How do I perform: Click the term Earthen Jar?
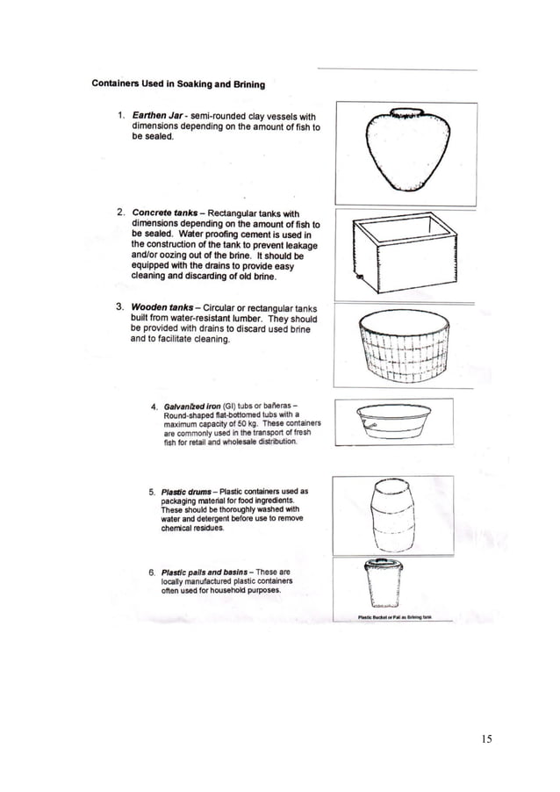pos(157,116)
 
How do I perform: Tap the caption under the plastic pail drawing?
pos(394,617)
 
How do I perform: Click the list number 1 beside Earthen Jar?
pos(119,116)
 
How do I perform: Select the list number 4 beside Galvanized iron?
pos(154,407)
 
